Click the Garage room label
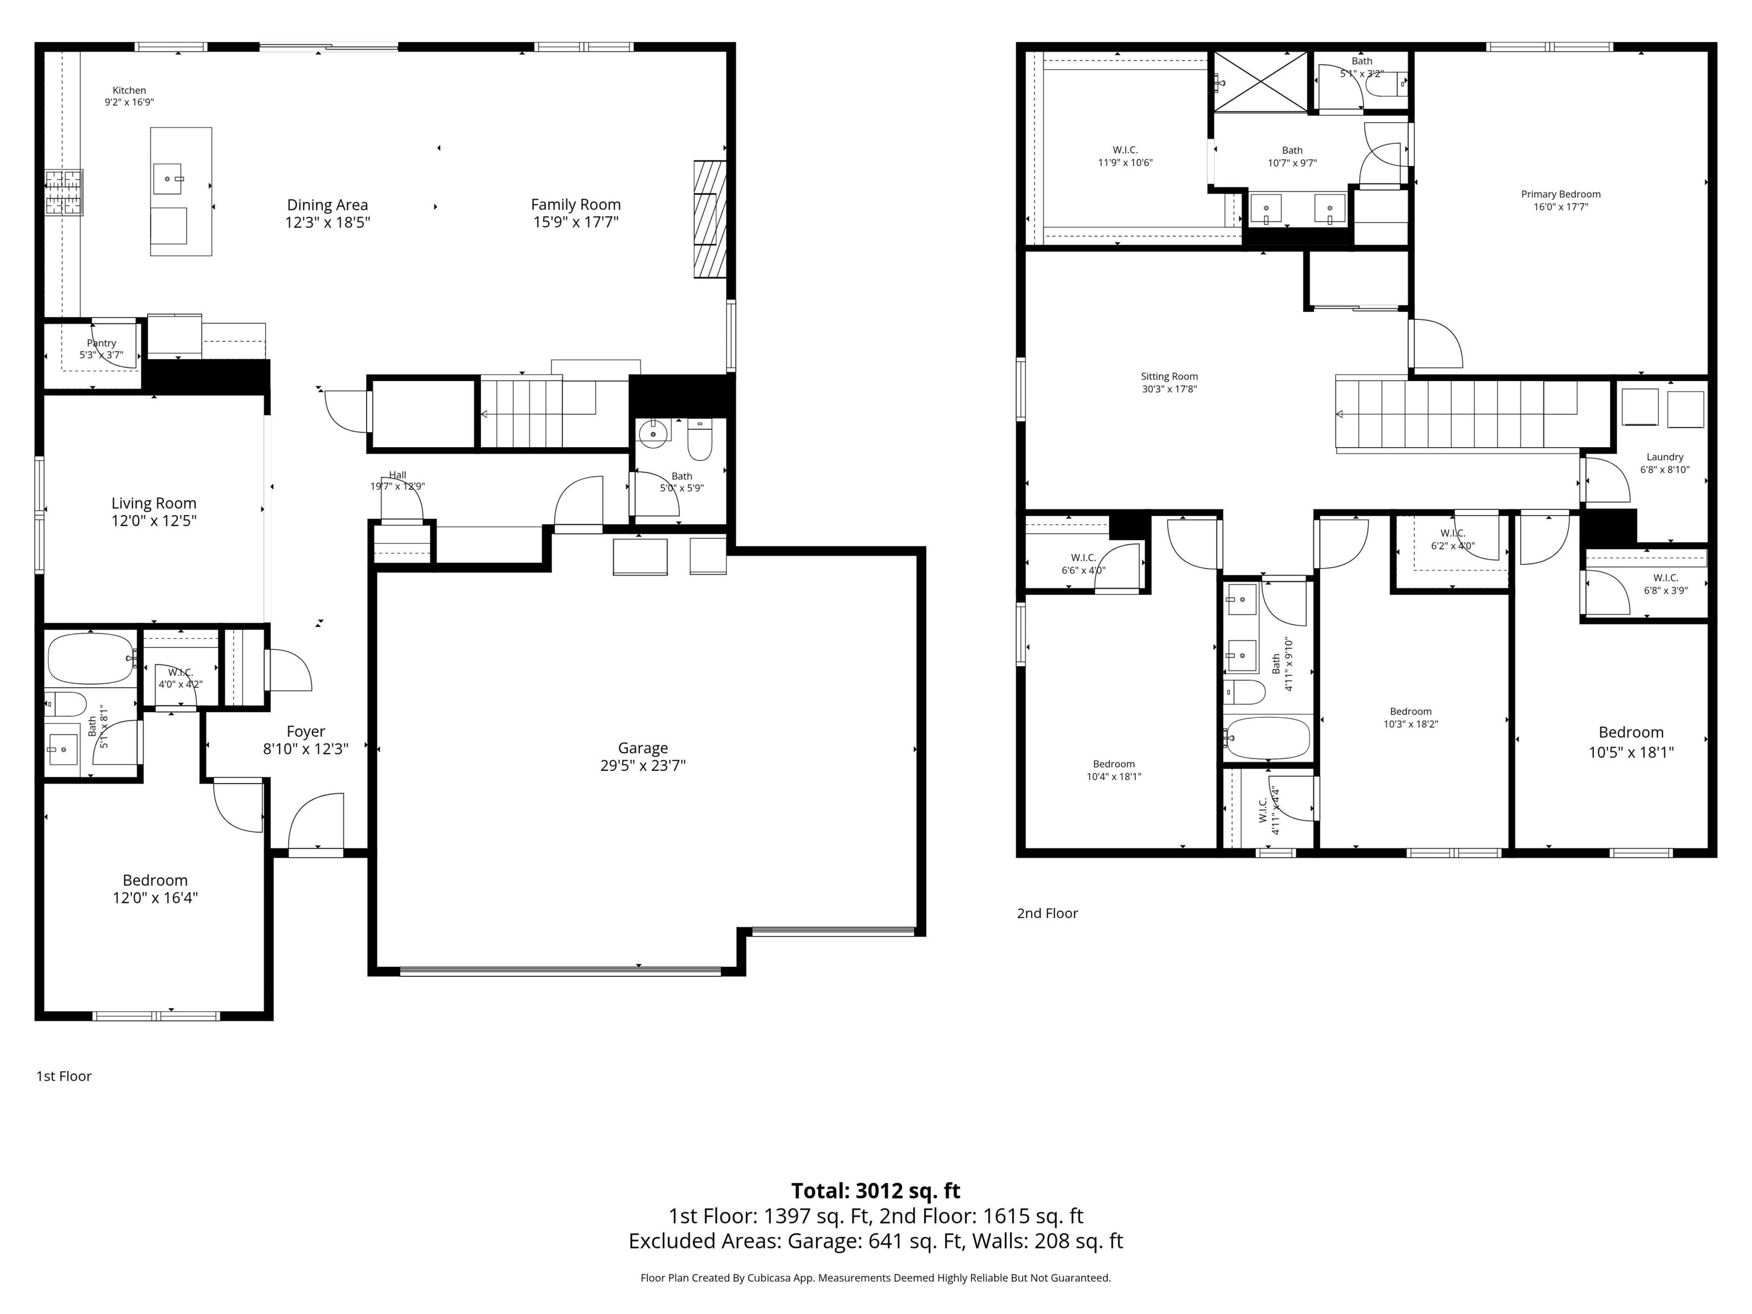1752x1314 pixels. [642, 748]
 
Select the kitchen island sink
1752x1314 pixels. [168, 178]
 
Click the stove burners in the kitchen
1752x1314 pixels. [64, 192]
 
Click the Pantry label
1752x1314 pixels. [102, 343]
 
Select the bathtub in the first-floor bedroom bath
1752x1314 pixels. [91, 658]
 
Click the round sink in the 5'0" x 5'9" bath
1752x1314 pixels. [654, 434]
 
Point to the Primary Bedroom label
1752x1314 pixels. [1560, 194]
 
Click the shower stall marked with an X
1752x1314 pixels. [1261, 81]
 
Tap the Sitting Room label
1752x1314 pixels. [1169, 376]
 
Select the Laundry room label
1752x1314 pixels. [1664, 457]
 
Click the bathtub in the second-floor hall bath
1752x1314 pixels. [1267, 738]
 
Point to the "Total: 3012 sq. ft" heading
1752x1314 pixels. [875, 1190]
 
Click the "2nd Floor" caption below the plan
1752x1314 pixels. [1047, 913]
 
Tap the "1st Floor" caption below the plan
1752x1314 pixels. [63, 1076]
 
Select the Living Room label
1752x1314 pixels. [153, 503]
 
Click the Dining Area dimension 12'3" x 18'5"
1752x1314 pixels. [327, 222]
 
